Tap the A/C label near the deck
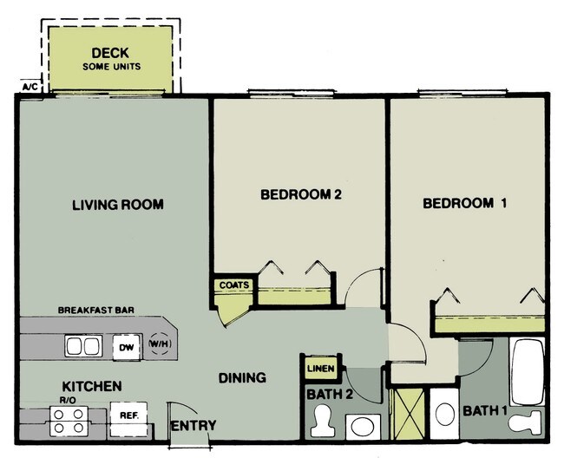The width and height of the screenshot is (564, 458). coord(29,87)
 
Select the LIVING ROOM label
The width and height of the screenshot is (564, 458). coord(117,205)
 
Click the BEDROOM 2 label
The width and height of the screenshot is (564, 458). coord(301,195)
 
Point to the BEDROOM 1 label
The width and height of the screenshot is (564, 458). coord(464,204)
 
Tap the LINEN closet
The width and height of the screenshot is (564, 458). coord(319,369)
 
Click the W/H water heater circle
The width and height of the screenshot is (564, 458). coord(160,345)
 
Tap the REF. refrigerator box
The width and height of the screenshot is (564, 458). coord(129,415)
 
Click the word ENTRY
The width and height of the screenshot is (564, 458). coord(193,426)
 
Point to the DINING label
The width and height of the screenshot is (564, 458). coord(242,378)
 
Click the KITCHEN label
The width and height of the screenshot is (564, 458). coord(91,386)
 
